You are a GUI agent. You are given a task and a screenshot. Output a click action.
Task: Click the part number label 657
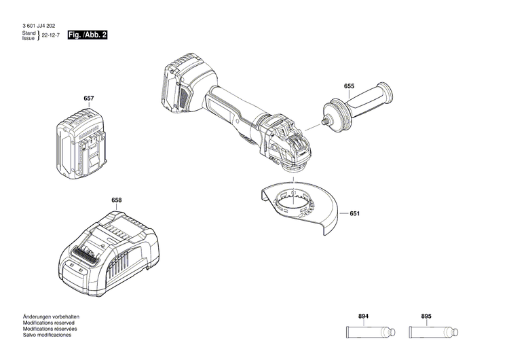[88, 98]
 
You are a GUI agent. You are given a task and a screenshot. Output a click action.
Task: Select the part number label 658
[117, 200]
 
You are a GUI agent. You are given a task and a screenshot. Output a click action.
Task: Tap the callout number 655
[349, 86]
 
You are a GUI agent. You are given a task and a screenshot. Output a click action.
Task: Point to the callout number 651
[354, 214]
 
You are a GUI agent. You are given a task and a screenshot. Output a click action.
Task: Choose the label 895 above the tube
[426, 298]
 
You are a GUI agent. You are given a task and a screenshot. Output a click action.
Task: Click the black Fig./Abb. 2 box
[88, 35]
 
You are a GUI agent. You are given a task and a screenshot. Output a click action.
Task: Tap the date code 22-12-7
[52, 35]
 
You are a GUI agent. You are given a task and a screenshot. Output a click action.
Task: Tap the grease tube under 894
[371, 314]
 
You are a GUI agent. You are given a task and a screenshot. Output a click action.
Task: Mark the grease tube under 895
[433, 314]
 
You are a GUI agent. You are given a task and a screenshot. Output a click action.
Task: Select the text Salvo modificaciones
[47, 335]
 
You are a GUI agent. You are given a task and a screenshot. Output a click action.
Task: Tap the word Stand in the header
[28, 33]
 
